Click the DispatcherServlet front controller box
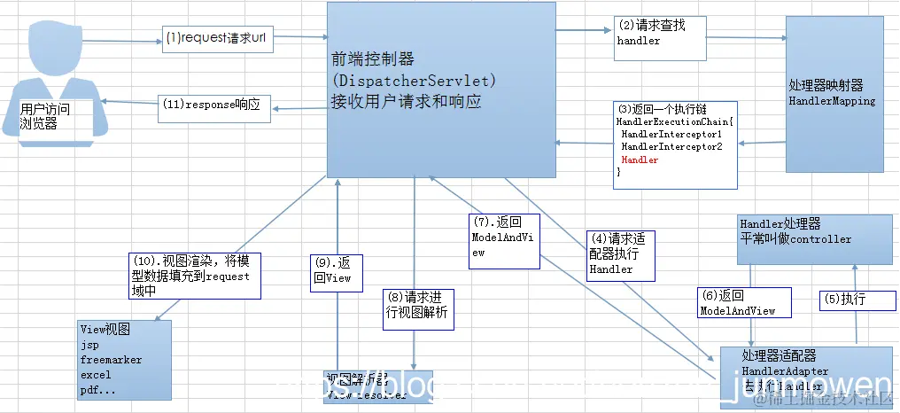441,89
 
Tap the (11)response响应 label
210,103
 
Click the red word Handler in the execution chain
640,160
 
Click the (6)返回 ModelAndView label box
737,303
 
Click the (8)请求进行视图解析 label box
418,308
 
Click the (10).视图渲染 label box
191,276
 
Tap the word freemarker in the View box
111,361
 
